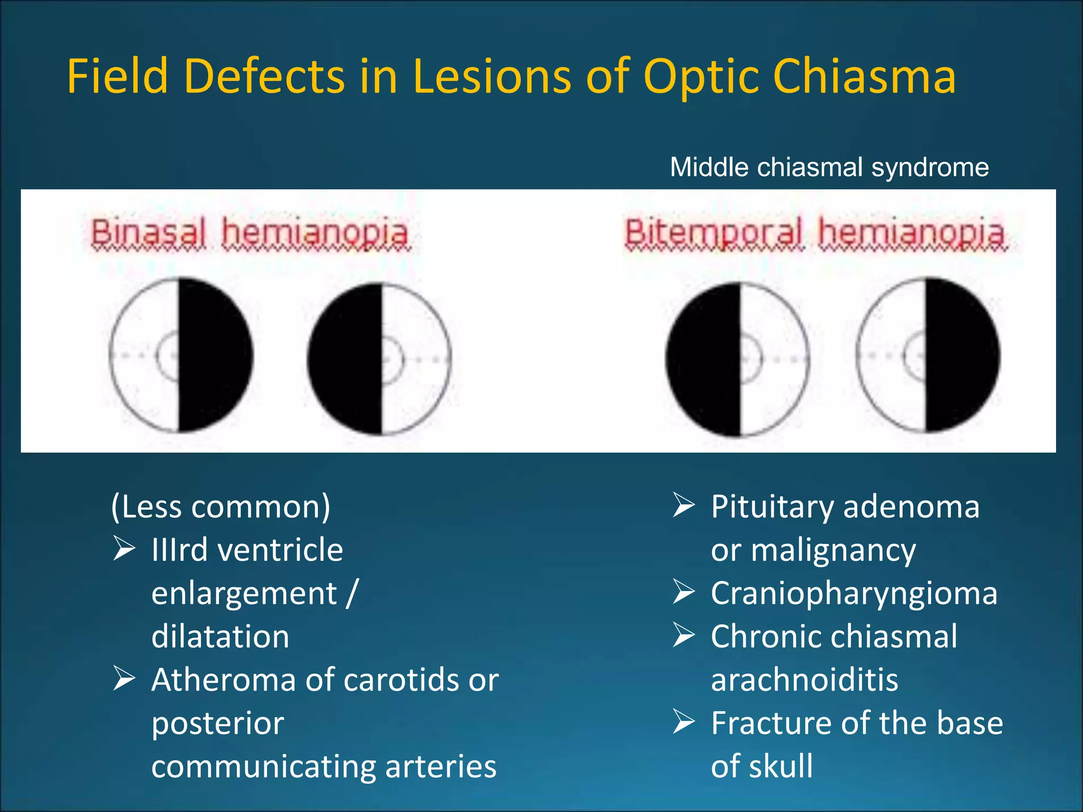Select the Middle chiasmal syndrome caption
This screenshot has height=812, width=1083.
click(x=829, y=168)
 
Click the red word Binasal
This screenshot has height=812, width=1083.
click(x=148, y=233)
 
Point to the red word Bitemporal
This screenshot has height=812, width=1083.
click(x=713, y=233)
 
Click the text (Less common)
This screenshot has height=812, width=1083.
click(x=221, y=506)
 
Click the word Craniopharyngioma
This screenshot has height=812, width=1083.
click(x=853, y=593)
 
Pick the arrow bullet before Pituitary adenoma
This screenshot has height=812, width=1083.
click(x=684, y=505)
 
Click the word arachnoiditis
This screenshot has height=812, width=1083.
click(x=804, y=680)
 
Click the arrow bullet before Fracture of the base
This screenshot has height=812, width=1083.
click(x=684, y=722)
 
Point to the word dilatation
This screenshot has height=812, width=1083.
click(x=220, y=636)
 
